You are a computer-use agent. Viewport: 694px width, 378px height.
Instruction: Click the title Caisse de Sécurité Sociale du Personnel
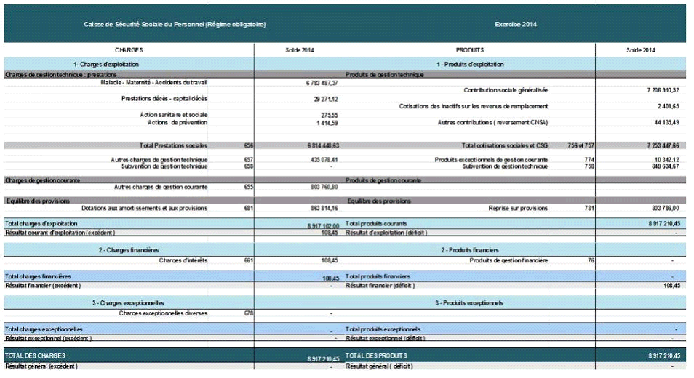(x=175, y=24)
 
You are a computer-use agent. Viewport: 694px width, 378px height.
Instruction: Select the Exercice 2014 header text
(x=516, y=24)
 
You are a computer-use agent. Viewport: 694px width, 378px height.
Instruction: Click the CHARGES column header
(x=129, y=50)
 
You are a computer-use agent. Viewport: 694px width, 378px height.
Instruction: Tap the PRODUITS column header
(x=470, y=50)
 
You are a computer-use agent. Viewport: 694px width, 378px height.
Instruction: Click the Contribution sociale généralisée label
(x=506, y=90)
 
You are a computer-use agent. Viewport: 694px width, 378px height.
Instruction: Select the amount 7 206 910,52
(x=662, y=90)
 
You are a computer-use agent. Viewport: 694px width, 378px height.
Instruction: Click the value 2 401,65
(x=669, y=106)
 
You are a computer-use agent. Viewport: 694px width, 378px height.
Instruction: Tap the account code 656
(x=249, y=145)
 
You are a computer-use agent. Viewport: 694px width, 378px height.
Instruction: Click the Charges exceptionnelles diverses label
(x=163, y=313)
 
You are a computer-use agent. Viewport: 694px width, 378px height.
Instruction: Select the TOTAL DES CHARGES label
(x=36, y=355)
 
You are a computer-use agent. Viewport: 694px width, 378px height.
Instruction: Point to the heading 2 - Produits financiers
(x=469, y=249)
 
